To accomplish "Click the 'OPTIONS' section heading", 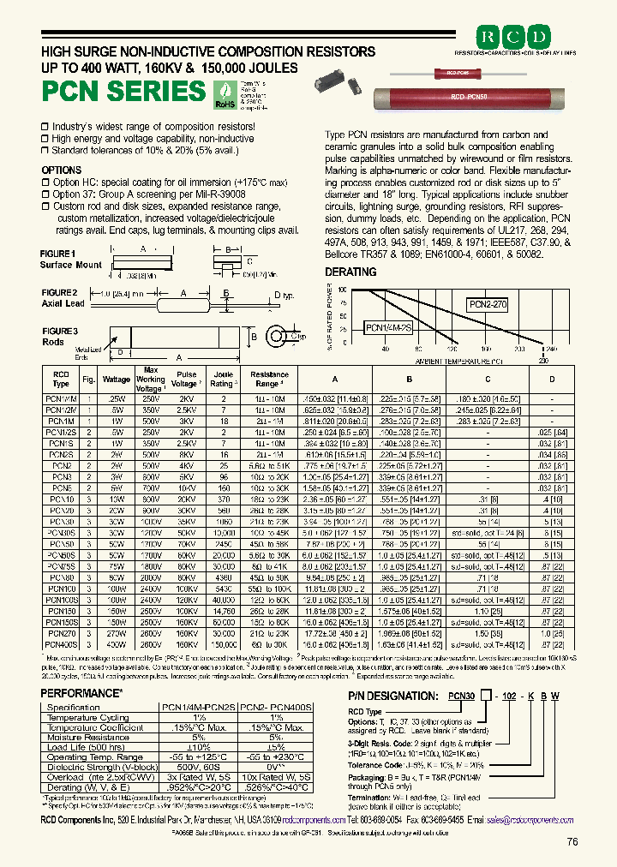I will coord(61,170).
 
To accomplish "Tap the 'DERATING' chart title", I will coord(350,272).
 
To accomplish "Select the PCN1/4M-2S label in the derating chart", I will coord(389,326).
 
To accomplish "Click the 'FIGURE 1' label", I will coord(58,254).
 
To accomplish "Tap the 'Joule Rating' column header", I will coord(223,379).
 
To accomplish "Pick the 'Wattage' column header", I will coord(117,379).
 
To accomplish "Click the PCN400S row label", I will coord(61,643).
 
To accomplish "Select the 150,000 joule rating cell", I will coord(223,643).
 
